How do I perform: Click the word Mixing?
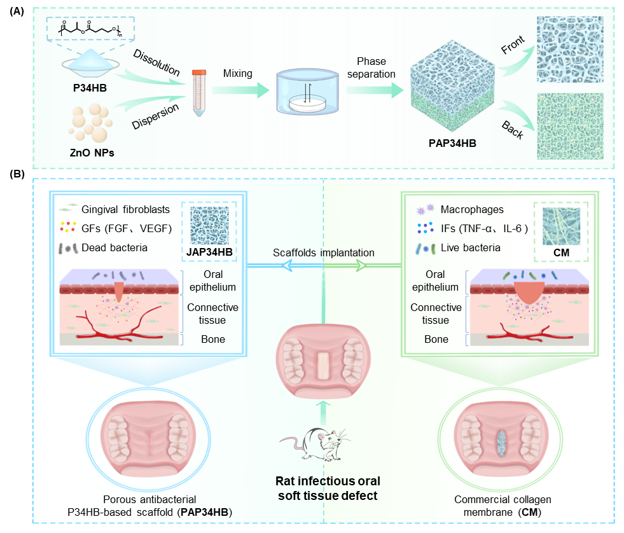238,74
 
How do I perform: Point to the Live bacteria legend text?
473,247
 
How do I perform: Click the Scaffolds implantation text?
324,253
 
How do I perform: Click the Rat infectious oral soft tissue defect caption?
324,488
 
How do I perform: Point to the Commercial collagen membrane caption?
503,506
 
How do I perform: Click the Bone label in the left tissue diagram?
212,339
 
